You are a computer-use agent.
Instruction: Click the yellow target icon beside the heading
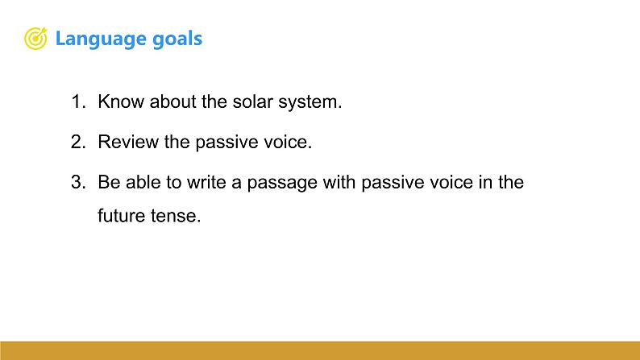[x=36, y=39]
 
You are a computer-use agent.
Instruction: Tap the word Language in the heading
[x=101, y=39]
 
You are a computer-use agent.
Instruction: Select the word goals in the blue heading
[x=177, y=39]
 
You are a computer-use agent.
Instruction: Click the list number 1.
[x=78, y=101]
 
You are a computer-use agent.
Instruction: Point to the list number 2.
[x=78, y=142]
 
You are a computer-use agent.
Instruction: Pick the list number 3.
[x=78, y=182]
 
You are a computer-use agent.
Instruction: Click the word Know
[x=121, y=101]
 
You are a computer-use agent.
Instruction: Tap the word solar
[x=252, y=101]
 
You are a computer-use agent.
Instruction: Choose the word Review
[x=128, y=142]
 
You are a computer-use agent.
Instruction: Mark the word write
[x=206, y=182]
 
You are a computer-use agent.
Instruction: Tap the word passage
[x=282, y=183]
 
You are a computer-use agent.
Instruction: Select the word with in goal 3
[x=339, y=182]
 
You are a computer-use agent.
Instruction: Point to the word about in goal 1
[x=173, y=101]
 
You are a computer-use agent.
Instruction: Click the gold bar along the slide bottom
[x=320, y=350]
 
